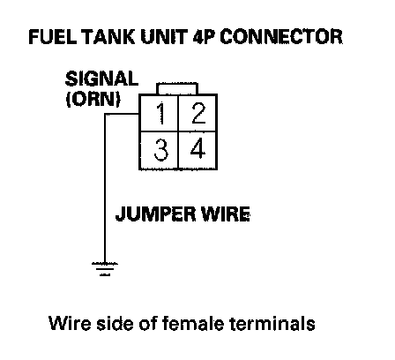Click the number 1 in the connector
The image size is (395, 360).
point(160,114)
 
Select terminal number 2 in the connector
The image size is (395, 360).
point(198,113)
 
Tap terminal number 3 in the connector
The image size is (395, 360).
point(160,150)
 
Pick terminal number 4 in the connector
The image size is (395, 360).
point(197,148)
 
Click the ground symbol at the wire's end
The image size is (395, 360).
point(105,269)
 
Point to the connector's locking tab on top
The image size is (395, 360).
point(177,88)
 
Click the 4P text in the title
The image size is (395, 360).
point(204,37)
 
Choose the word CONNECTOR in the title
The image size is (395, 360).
point(281,37)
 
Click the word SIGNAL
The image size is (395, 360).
point(101,79)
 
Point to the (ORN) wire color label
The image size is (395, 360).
point(93,99)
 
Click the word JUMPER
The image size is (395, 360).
point(155,214)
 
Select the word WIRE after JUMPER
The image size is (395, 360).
point(225,214)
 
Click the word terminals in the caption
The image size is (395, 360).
point(272,323)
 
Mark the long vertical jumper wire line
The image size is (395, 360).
point(105,188)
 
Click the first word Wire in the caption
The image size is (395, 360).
point(70,323)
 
